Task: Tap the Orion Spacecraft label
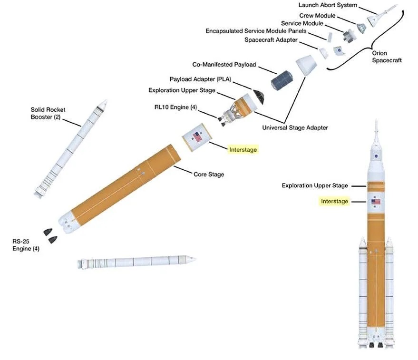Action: (x=387, y=57)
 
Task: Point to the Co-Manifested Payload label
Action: (x=224, y=64)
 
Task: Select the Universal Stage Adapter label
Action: (x=295, y=127)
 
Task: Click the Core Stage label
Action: (x=209, y=174)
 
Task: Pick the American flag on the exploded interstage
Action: (x=197, y=137)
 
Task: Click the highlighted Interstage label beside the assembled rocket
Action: (x=334, y=201)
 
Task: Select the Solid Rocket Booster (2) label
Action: (x=48, y=113)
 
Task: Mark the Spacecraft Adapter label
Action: (x=271, y=40)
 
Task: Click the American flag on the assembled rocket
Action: (x=376, y=202)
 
